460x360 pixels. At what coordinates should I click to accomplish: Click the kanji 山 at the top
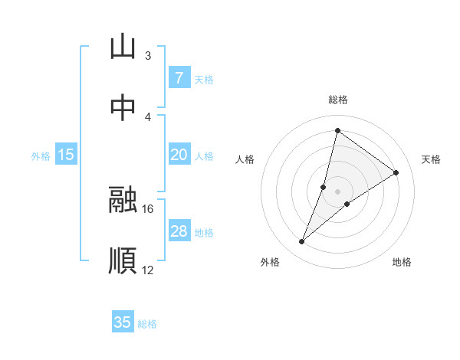[x=123, y=47]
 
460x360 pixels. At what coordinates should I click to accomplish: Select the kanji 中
[x=123, y=108]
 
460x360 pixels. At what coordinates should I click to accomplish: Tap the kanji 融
[x=123, y=199]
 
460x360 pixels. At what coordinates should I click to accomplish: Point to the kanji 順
[x=123, y=260]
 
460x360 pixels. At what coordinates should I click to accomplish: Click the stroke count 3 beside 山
[x=148, y=56]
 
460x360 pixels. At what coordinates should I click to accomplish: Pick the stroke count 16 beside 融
[x=148, y=208]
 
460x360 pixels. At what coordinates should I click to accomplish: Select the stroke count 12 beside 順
[x=148, y=270]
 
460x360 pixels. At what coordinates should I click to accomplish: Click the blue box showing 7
[x=179, y=78]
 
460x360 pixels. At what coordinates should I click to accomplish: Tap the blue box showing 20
[x=179, y=155]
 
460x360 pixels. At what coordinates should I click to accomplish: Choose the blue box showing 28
[x=179, y=231]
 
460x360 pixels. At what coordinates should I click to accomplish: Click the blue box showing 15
[x=66, y=155]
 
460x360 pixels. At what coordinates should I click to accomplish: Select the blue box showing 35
[x=123, y=322]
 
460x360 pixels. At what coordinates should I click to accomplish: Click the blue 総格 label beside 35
[x=147, y=324]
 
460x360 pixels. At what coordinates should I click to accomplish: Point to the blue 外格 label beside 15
[x=41, y=156]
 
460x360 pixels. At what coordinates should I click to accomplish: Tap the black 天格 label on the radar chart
[x=431, y=159]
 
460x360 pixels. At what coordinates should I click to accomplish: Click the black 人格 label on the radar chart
[x=245, y=159]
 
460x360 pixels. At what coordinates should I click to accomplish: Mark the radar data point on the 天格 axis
[x=396, y=172]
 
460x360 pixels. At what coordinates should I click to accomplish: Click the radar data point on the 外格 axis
[x=302, y=242]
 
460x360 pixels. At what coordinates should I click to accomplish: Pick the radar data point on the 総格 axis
[x=337, y=130]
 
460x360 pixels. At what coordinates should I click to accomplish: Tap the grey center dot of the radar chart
[x=338, y=191]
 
